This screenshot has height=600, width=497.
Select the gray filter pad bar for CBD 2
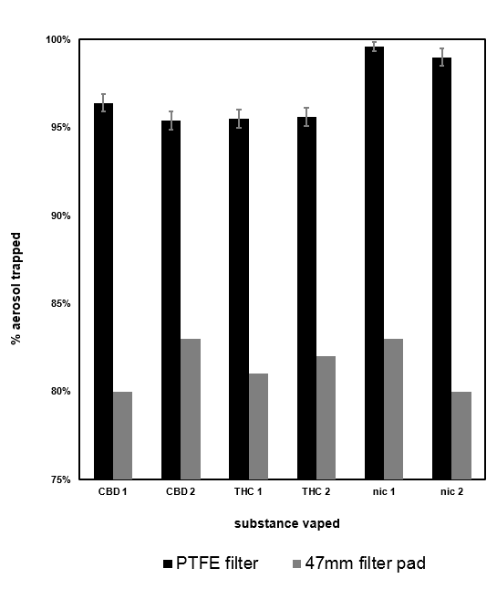[190, 409]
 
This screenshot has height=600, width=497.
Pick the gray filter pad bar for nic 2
[461, 436]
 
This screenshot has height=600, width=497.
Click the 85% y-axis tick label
[60, 304]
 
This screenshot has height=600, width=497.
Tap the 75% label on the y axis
[60, 479]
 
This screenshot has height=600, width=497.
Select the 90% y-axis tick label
[60, 216]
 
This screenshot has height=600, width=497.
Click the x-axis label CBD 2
[180, 492]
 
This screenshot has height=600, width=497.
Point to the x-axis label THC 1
[247, 492]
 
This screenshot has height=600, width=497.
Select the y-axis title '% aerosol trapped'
[16, 288]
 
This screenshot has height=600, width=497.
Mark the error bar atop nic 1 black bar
[374, 47]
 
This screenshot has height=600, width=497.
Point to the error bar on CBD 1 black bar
[103, 102]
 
